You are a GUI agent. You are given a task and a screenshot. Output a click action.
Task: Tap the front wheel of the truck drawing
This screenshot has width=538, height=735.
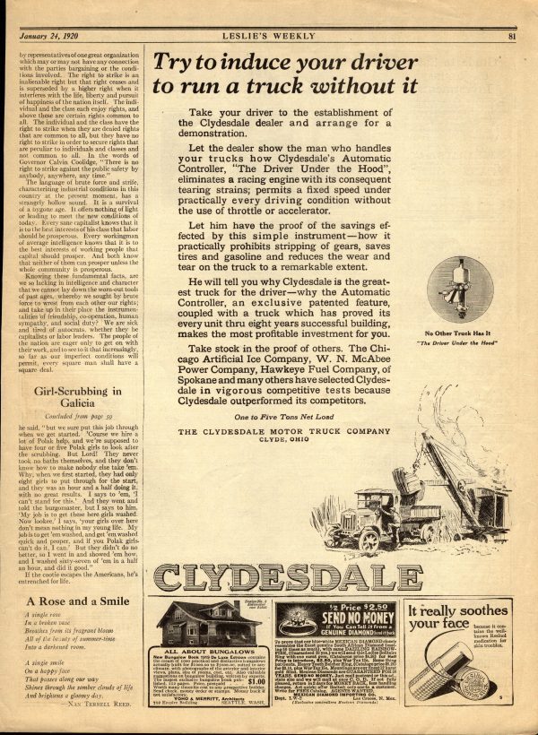(x=369, y=529)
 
